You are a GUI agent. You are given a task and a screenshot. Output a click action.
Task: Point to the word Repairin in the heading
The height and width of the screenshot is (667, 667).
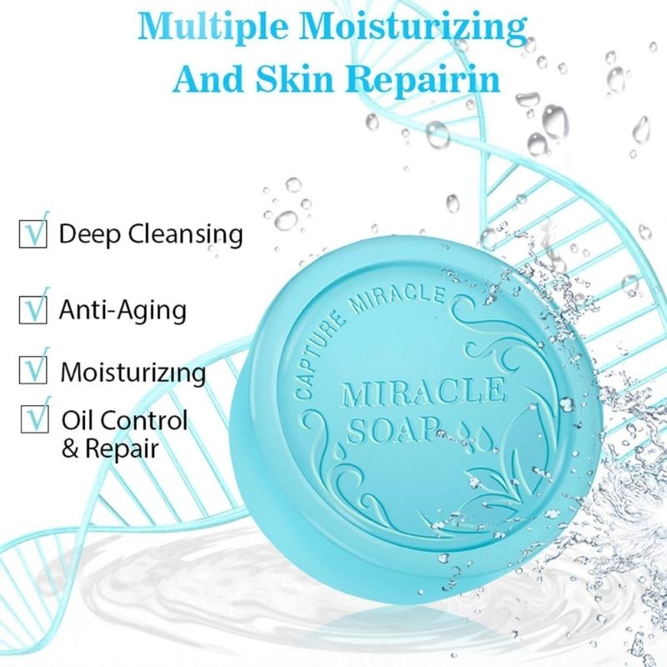coord(424,79)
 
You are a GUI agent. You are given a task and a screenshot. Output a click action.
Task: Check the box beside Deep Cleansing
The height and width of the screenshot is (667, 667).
coord(31,234)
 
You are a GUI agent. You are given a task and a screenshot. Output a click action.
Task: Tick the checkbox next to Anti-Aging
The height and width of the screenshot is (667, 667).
coord(31,310)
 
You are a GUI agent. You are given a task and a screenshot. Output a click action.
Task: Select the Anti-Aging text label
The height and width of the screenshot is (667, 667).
coord(122,310)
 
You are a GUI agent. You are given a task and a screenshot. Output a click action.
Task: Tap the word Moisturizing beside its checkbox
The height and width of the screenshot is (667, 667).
coord(132,371)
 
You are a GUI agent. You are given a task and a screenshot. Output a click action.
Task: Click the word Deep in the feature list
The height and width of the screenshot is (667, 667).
coord(90,234)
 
